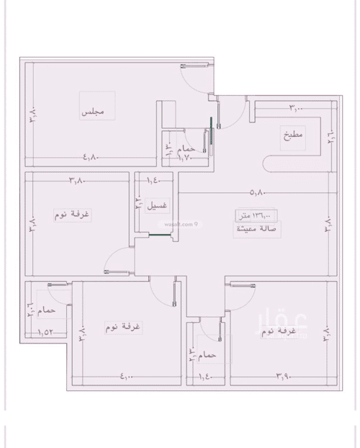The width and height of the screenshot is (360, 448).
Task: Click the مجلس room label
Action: pos(94,112)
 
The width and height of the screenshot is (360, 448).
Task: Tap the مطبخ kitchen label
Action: pos(293,134)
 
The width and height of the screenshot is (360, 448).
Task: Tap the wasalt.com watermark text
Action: pos(177,224)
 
